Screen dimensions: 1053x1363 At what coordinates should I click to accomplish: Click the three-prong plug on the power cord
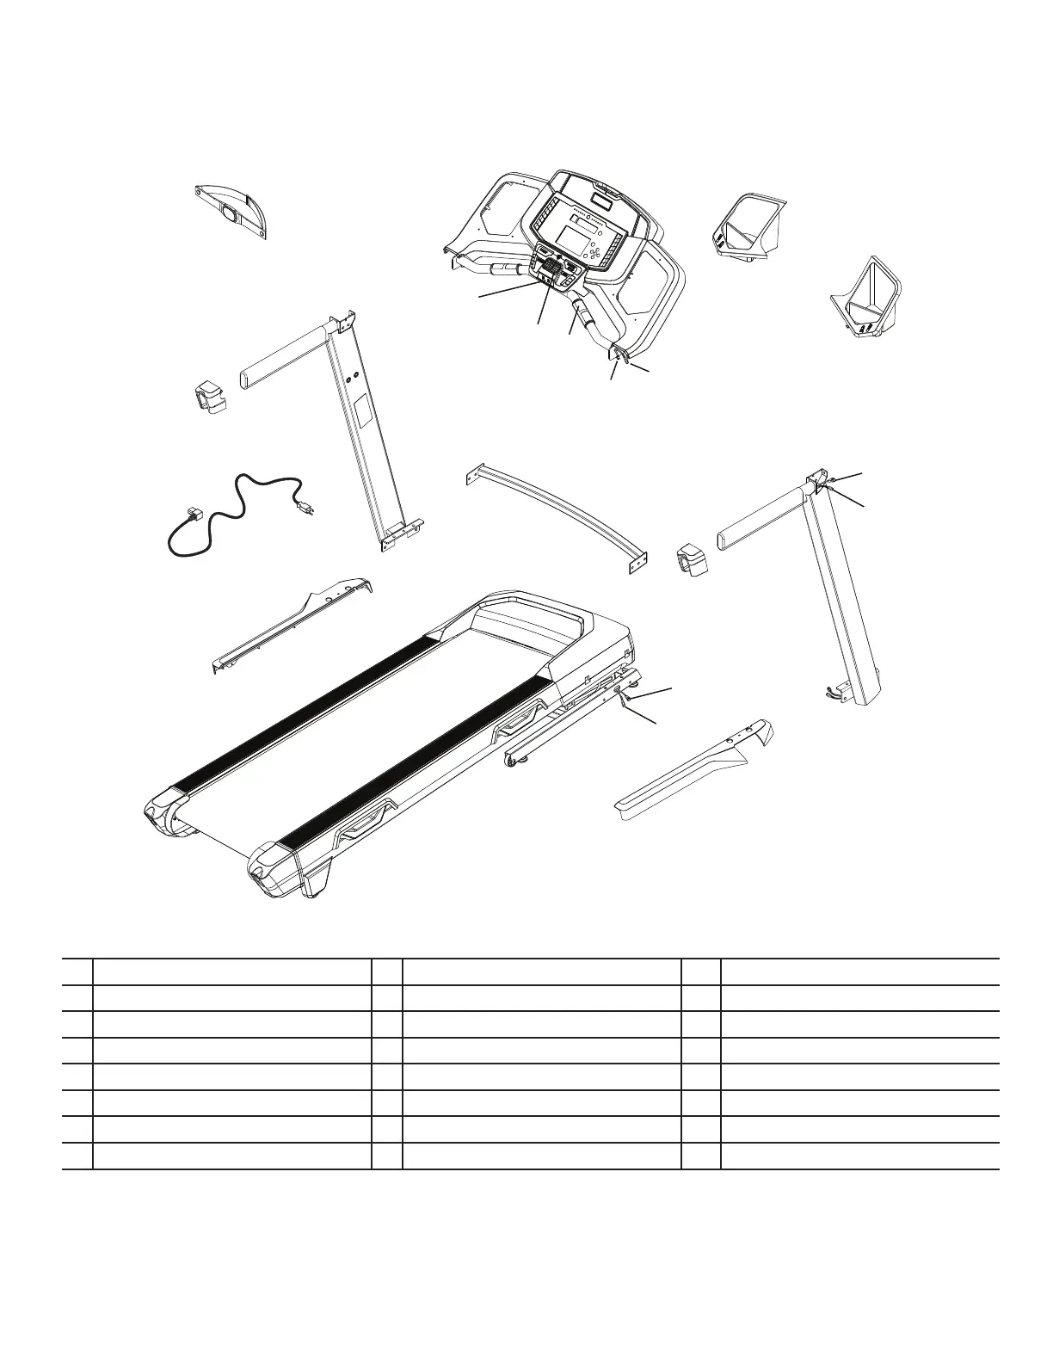pyautogui.click(x=304, y=509)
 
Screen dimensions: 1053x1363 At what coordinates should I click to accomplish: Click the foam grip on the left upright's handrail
pyautogui.click(x=282, y=355)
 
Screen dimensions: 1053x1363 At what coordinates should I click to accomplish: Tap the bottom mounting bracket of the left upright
pyautogui.click(x=400, y=534)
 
